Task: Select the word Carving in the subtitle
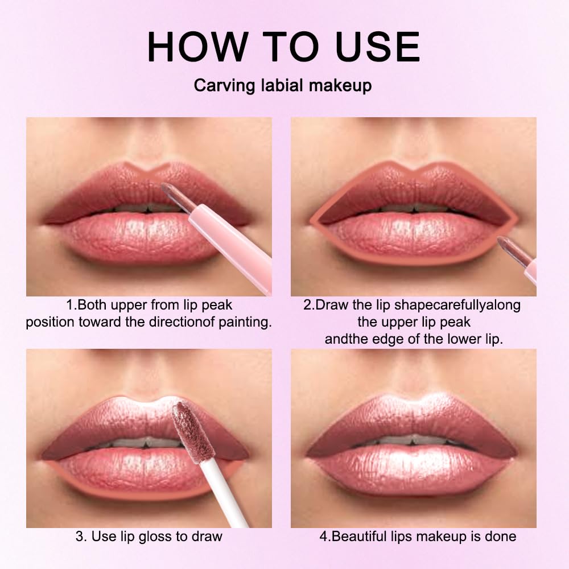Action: point(222,85)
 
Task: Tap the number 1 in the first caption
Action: point(70,305)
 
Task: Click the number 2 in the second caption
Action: point(307,305)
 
